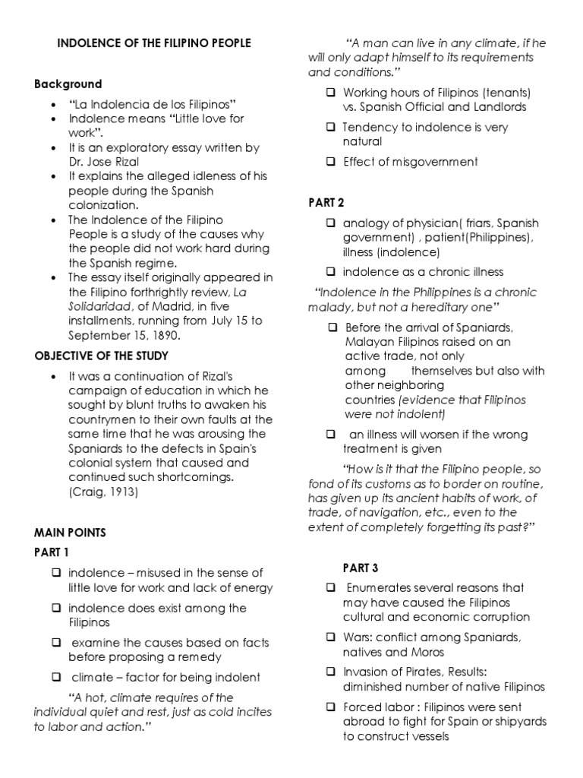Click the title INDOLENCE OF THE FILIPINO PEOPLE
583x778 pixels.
pyautogui.click(x=154, y=44)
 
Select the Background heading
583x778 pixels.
pyautogui.click(x=68, y=84)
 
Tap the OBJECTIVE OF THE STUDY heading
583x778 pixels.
pyautogui.click(x=101, y=356)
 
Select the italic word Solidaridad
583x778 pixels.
pyautogui.click(x=99, y=305)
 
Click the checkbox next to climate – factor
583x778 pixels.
pyautogui.click(x=57, y=677)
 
